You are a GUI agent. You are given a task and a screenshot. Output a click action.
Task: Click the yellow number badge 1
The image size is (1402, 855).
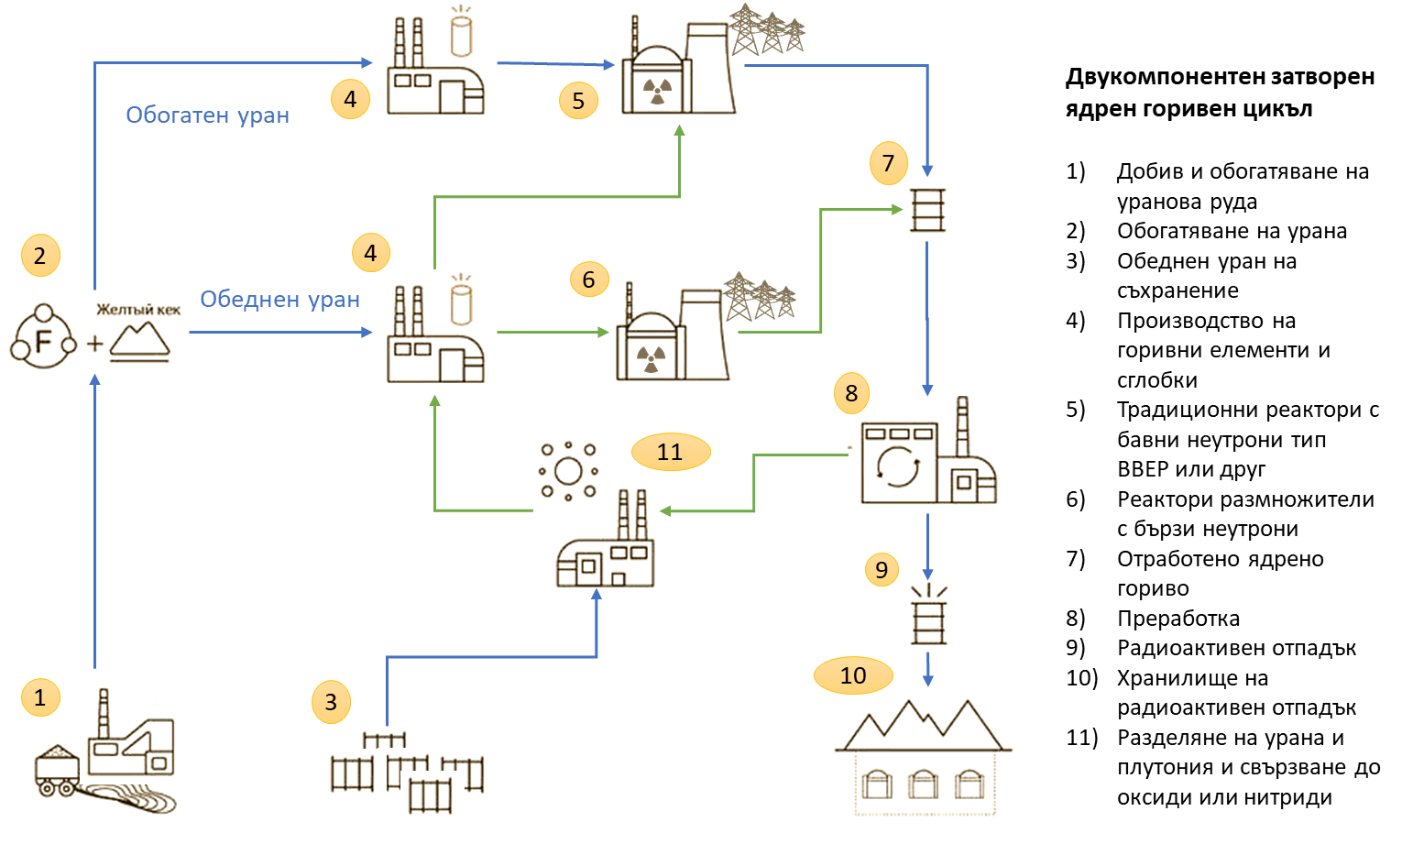click(x=39, y=697)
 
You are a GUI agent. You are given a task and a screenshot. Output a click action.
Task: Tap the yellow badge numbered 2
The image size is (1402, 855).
click(x=39, y=256)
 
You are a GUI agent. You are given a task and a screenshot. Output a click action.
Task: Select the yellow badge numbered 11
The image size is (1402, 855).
click(x=670, y=452)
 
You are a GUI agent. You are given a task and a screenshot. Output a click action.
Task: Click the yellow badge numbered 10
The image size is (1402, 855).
click(x=853, y=675)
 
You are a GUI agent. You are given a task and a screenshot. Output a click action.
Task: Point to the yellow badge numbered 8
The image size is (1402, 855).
click(x=851, y=393)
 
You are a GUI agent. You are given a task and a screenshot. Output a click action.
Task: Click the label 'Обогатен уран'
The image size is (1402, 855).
click(x=208, y=115)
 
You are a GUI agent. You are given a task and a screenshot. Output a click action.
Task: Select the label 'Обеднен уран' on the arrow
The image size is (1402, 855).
click(x=279, y=300)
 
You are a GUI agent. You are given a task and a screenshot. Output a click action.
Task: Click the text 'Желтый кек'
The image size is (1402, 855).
click(x=138, y=310)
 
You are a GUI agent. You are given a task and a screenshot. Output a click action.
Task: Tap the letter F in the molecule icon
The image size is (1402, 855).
click(x=42, y=342)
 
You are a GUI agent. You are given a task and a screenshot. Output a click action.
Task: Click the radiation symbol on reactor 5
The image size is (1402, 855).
click(x=657, y=90)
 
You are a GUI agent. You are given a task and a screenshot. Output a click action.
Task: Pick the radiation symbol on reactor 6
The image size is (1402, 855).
click(x=650, y=357)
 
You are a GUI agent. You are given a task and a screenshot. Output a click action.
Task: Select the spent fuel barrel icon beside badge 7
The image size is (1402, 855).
click(x=926, y=209)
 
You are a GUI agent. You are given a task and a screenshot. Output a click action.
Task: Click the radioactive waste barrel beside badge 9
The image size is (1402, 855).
click(x=927, y=619)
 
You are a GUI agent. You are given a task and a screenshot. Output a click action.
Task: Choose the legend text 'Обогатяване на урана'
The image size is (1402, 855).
click(x=1232, y=231)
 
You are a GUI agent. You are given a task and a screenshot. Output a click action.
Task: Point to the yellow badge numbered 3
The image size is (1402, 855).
click(x=331, y=703)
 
